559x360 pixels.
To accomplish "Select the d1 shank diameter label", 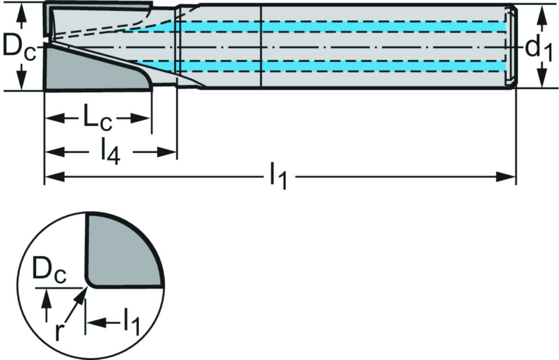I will click(540, 49).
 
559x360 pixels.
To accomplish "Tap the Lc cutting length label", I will click(97, 120).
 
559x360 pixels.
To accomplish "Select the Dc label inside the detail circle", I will click(50, 272).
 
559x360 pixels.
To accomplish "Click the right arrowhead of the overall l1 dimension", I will click(508, 176).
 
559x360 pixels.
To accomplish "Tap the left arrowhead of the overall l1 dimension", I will click(52, 176).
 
